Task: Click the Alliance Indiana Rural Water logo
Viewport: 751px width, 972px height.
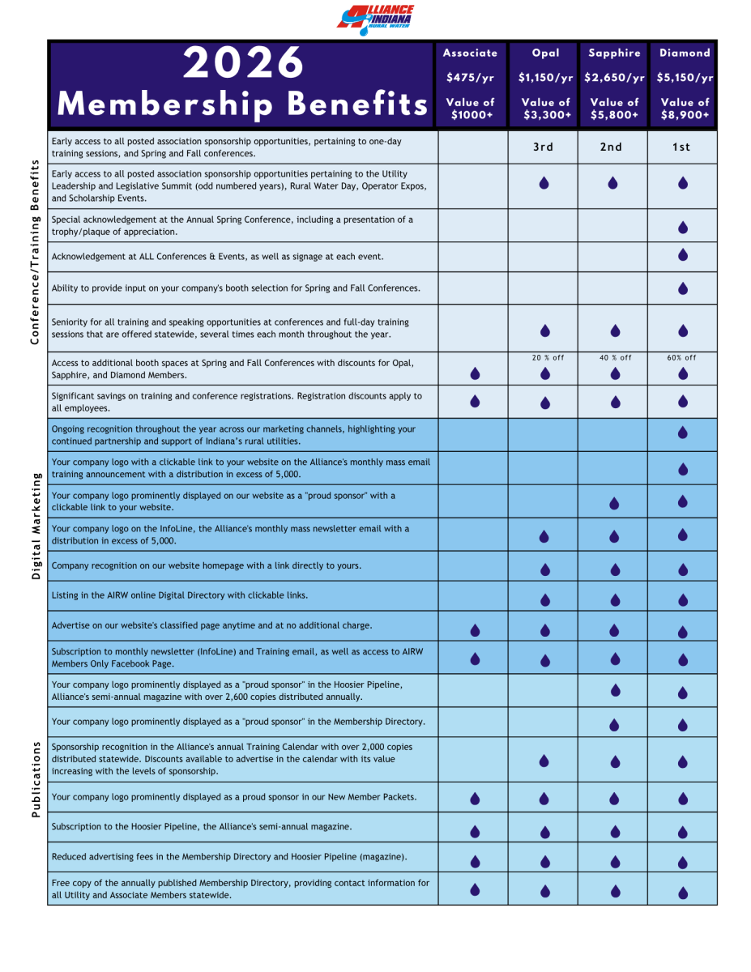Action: coord(375,19)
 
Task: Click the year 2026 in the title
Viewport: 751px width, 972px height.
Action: coord(243,63)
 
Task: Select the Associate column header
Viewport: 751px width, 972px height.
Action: coord(470,53)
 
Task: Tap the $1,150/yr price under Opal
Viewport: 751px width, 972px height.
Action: coord(545,78)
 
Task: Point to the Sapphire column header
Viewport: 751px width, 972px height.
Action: coord(614,53)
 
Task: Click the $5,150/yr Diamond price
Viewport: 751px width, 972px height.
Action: coord(685,78)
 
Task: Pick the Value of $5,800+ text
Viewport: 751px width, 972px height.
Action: coord(614,109)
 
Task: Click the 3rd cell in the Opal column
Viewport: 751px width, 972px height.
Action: coord(544,147)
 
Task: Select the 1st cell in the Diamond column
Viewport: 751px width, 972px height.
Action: coord(682,147)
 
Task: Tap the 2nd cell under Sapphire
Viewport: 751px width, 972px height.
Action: coord(612,147)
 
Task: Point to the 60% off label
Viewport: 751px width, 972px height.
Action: coord(682,357)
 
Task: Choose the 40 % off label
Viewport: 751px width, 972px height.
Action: coord(615,357)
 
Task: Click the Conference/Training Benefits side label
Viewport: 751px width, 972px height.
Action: coord(35,252)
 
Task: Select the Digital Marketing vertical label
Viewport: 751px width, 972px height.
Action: coord(35,526)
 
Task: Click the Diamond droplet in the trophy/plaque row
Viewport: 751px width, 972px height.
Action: coord(683,228)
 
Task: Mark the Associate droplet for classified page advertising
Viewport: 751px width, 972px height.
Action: coord(475,629)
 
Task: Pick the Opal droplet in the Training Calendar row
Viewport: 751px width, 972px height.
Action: coord(544,761)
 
